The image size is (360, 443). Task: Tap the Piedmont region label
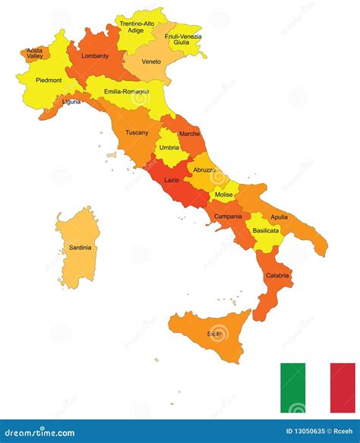(44, 80)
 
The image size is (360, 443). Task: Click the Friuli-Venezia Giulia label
(183, 40)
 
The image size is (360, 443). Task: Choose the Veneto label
(151, 62)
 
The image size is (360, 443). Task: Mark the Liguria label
(71, 101)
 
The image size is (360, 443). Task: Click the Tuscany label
(137, 132)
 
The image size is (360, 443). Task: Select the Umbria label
(169, 147)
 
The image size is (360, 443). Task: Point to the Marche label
(190, 134)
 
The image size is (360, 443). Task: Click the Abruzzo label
(204, 169)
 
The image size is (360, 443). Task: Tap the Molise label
(224, 195)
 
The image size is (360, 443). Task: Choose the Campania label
(228, 216)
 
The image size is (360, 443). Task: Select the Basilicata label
(265, 229)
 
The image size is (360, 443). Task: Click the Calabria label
(277, 275)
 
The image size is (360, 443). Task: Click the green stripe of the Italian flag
(292, 388)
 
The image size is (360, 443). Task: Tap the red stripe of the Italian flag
(343, 388)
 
